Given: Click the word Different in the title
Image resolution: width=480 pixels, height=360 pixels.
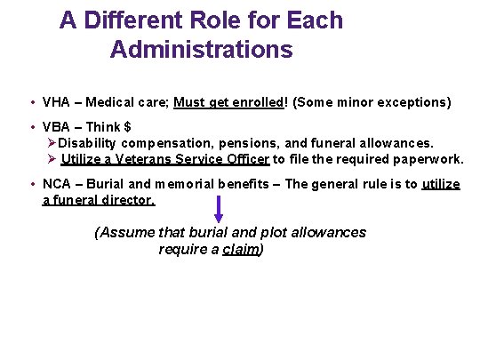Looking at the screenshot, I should tap(128, 20).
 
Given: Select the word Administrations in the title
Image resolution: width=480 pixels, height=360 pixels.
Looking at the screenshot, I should tap(201, 50).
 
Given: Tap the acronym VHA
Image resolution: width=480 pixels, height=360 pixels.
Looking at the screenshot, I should tap(56, 102).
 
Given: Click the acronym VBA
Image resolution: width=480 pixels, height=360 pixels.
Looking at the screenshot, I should tap(56, 127).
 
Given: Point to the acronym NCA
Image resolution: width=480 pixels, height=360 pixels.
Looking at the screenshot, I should tap(56, 185).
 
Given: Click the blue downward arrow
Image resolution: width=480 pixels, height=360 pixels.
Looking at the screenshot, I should tap(219, 209).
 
